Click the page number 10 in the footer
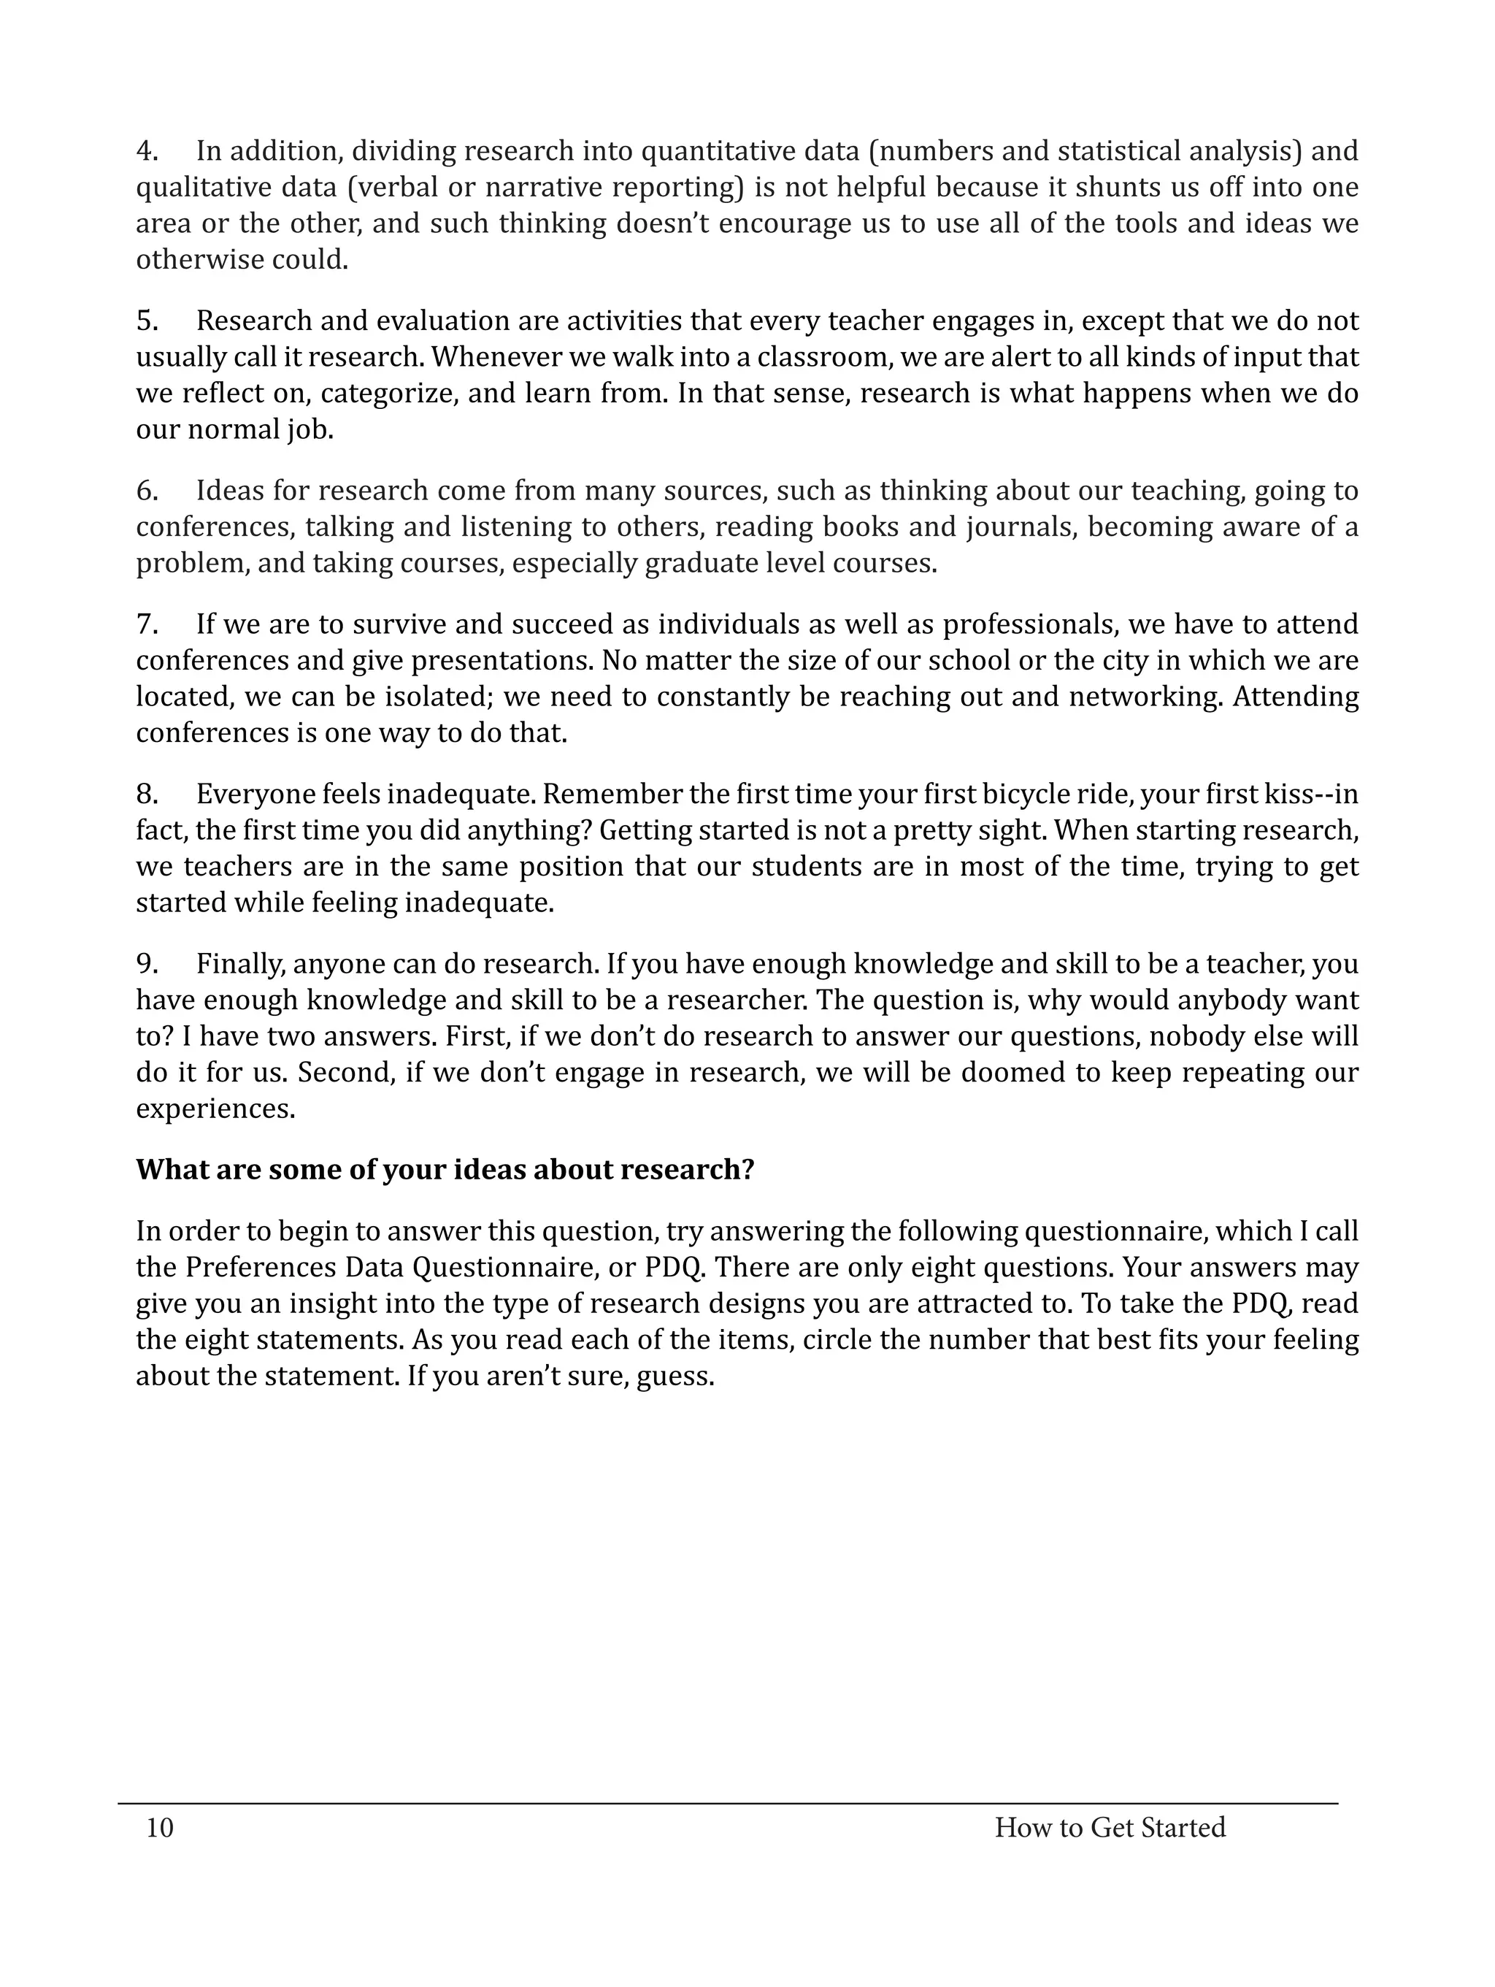coord(160,1827)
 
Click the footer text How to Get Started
coord(1109,1827)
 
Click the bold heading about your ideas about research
coord(445,1170)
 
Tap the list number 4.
coord(146,151)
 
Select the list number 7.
coord(146,624)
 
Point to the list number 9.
coord(146,964)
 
